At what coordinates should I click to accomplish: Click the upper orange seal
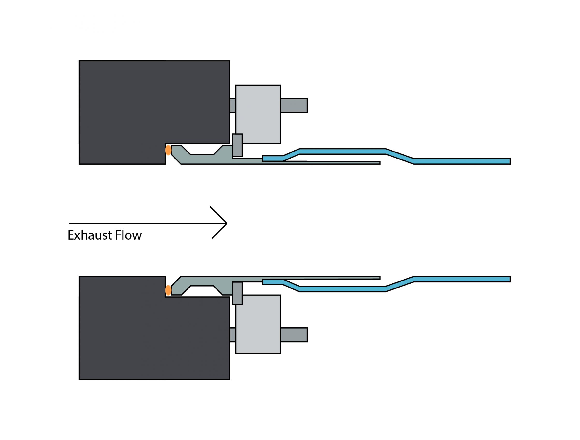(168, 150)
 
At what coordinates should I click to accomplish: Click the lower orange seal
(168, 290)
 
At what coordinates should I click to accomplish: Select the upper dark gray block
(147, 105)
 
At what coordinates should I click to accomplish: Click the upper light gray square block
(258, 114)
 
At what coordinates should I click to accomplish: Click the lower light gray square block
(258, 324)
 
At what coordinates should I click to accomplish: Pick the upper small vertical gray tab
(237, 145)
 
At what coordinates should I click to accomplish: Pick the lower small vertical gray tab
(237, 293)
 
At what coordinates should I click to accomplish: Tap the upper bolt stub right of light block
(294, 106)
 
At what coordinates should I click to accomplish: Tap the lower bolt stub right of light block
(294, 335)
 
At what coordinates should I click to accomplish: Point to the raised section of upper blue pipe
(341, 151)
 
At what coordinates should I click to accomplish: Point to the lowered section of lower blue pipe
(341, 289)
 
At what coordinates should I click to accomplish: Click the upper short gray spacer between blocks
(232, 106)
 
